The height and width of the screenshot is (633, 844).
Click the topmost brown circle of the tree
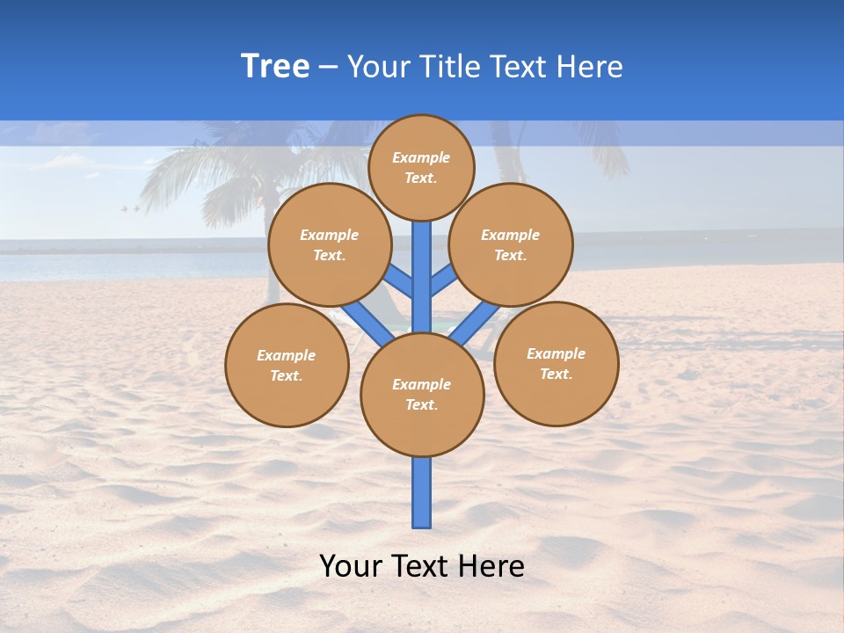421,167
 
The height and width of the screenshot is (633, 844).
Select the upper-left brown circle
329,244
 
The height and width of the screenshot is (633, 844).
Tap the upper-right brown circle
511,244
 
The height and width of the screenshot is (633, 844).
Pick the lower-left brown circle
287,365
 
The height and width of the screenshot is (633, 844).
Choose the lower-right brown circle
557,363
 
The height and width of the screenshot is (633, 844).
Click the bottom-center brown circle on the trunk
422,395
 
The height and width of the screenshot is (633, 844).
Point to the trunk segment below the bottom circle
422,492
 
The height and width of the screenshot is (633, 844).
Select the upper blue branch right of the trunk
443,280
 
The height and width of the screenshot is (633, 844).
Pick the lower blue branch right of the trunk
475,324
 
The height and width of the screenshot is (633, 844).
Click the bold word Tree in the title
275,66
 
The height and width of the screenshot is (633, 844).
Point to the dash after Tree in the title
328,67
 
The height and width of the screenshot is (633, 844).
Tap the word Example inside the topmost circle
421,157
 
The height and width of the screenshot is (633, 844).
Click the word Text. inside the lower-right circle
556,374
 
